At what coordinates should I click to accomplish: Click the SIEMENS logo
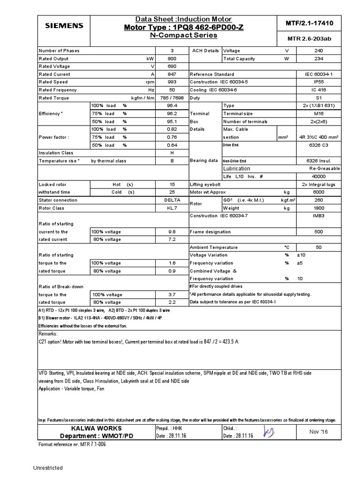tap(64, 25)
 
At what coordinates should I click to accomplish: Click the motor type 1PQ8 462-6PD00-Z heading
tap(183, 27)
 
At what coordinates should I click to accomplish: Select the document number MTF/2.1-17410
tap(309, 23)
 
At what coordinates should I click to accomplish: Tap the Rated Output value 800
tap(172, 59)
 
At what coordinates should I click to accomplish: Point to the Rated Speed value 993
tap(172, 82)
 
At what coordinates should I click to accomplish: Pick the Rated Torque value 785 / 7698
tap(172, 98)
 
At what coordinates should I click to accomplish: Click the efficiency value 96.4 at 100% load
tap(172, 106)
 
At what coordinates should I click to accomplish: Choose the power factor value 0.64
tap(172, 145)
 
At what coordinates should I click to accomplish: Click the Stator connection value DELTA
tap(172, 200)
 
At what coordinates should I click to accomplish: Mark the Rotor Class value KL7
tap(172, 208)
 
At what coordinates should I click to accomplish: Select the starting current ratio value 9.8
tap(172, 232)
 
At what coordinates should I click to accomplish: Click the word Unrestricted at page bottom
tap(48, 468)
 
